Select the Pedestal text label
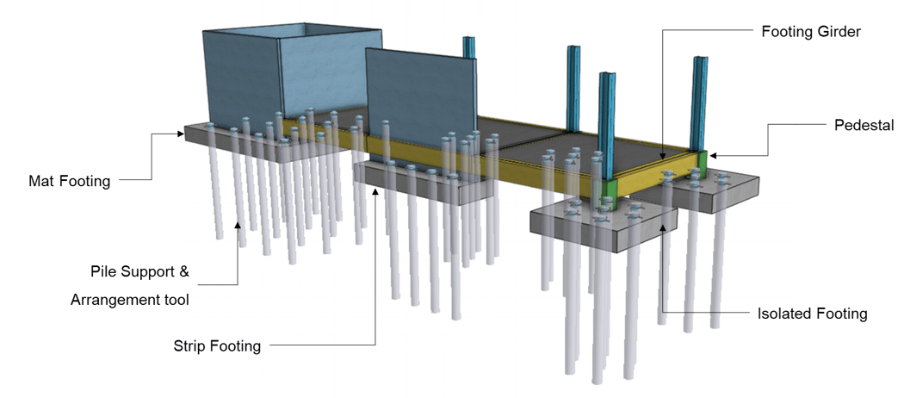[864, 125]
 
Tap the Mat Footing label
[69, 182]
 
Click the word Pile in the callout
[104, 272]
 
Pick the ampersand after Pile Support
[183, 272]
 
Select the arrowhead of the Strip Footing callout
[375, 190]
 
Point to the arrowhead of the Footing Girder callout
[662, 157]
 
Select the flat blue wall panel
[419, 95]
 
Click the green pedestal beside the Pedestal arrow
[702, 161]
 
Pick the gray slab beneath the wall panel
[422, 182]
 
